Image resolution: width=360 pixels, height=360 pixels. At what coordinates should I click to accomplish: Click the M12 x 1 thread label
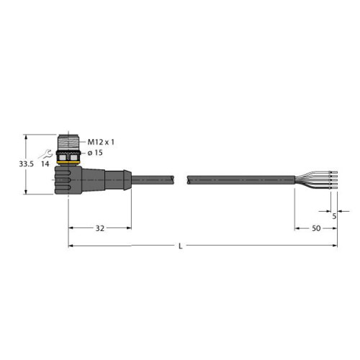click(101, 142)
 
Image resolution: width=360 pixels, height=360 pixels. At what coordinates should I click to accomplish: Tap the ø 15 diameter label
click(95, 153)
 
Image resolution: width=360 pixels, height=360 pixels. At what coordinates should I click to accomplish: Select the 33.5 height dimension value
click(26, 164)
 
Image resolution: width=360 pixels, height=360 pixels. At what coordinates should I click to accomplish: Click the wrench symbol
click(45, 154)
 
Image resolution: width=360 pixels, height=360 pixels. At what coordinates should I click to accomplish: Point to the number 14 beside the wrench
click(45, 164)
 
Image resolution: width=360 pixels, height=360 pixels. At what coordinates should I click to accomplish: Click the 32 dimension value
click(100, 228)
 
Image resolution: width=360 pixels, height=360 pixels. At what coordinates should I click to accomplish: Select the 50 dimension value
click(316, 228)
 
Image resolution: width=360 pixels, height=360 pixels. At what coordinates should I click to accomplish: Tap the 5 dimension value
click(334, 216)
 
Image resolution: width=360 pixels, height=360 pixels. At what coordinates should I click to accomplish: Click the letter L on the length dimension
click(181, 246)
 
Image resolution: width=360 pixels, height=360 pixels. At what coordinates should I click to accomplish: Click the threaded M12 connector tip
click(68, 143)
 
